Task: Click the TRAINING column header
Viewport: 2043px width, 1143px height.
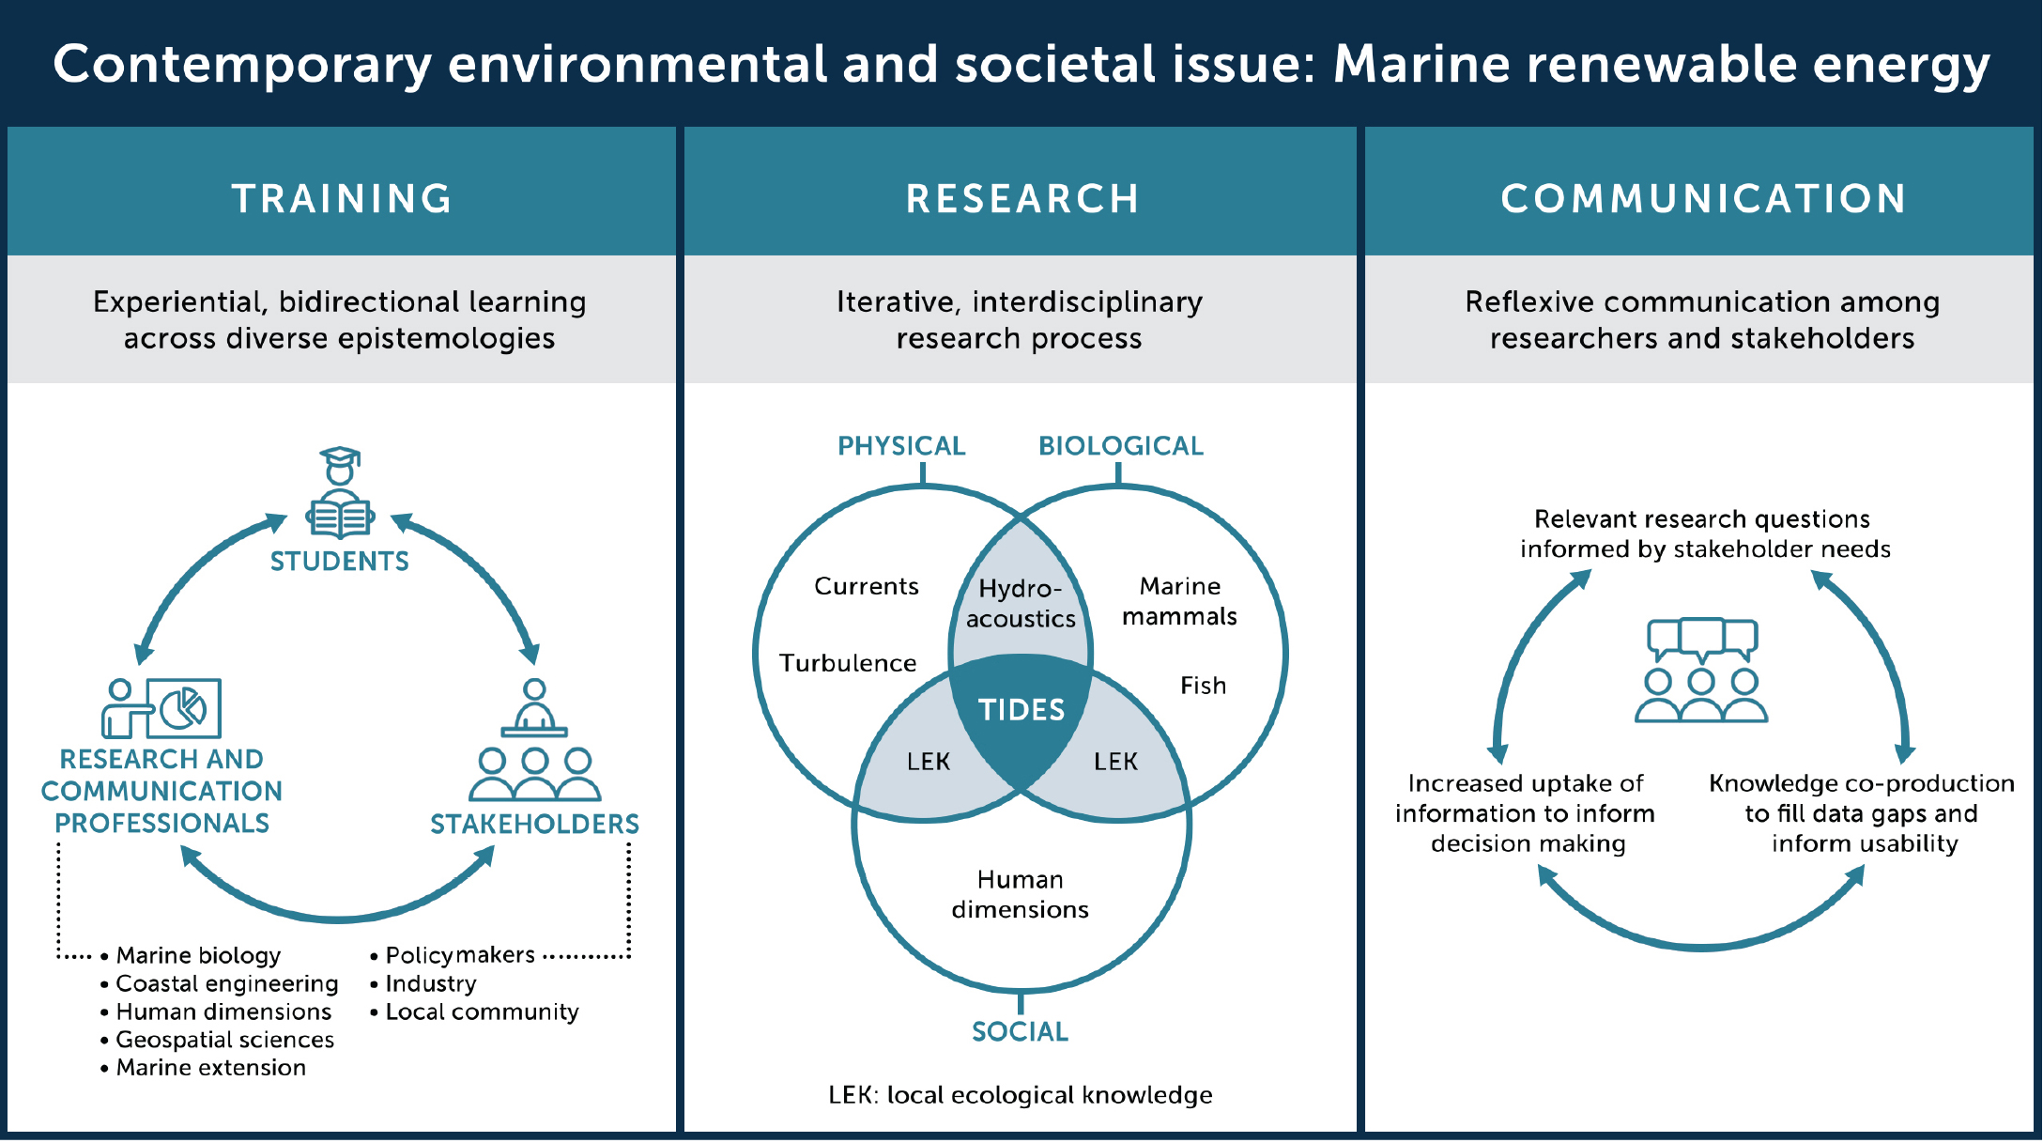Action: pos(342,198)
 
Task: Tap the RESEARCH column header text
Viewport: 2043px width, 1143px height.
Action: pos(1021,198)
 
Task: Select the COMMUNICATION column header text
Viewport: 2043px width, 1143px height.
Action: pos(1703,198)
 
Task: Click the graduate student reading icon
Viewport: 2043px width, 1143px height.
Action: pos(340,493)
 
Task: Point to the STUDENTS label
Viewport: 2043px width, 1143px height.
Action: pos(340,562)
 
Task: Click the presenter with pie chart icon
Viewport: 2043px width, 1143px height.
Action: pos(161,708)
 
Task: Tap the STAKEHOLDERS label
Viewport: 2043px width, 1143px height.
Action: pos(534,825)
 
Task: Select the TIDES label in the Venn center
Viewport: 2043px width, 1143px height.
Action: pos(1021,710)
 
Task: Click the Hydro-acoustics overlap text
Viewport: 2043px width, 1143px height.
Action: pos(1021,604)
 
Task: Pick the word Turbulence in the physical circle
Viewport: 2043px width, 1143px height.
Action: pos(848,663)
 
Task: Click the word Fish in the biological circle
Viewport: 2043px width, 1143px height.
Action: pos(1203,686)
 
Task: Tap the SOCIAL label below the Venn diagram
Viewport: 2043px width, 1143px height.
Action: pos(1020,1032)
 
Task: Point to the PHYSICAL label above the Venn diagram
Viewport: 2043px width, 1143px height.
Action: pos(901,446)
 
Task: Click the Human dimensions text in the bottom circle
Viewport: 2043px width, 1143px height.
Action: pos(1020,894)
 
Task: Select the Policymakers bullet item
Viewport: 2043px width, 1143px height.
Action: pos(460,955)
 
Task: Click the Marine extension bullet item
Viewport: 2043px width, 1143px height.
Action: pos(210,1068)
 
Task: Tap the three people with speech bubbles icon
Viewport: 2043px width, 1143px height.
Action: pos(1701,670)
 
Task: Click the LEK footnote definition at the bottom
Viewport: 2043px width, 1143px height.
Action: pos(1020,1095)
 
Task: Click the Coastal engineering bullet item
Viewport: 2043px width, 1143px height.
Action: pos(226,983)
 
